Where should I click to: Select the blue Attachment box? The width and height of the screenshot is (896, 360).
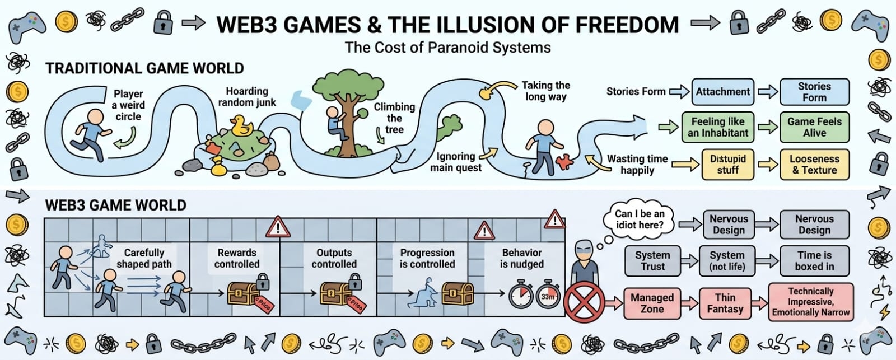point(722,92)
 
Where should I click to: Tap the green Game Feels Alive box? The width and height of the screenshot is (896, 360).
point(814,127)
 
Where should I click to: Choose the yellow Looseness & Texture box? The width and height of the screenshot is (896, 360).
point(814,165)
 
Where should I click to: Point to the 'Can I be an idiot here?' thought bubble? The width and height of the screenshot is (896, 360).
point(639,219)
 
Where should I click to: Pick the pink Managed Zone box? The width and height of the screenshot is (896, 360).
point(652,303)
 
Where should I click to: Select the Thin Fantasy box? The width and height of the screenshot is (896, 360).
point(725,303)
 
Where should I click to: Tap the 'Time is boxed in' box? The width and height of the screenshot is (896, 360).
point(814,261)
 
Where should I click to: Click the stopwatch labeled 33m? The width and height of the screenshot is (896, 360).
point(548,297)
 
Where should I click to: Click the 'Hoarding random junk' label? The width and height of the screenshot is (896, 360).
point(247,97)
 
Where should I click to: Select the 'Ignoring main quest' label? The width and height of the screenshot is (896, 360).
point(456,162)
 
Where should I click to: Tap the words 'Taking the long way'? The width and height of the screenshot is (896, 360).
point(545,91)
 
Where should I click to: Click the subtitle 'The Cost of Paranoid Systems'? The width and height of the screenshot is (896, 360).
point(447,48)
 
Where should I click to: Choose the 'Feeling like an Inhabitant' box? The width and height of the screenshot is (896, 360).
point(718,127)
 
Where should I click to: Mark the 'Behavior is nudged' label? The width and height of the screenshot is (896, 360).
point(522,258)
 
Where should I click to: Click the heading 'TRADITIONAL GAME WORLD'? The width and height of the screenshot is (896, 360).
point(144,68)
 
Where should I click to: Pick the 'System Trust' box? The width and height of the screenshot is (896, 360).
point(652,261)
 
